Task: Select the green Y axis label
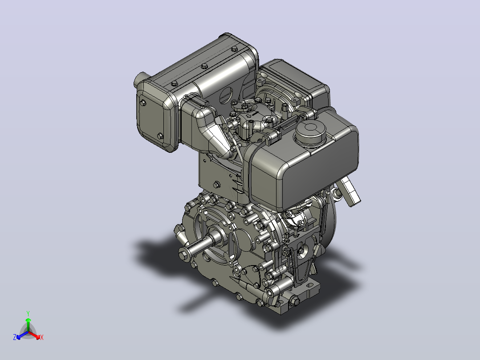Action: (28, 313)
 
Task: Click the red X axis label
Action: (42, 337)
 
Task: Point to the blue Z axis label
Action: (15, 337)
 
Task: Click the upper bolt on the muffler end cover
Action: (143, 103)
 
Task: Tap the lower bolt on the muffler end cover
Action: (160, 136)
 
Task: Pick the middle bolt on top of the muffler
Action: (204, 66)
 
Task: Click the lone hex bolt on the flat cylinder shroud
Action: (217, 185)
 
